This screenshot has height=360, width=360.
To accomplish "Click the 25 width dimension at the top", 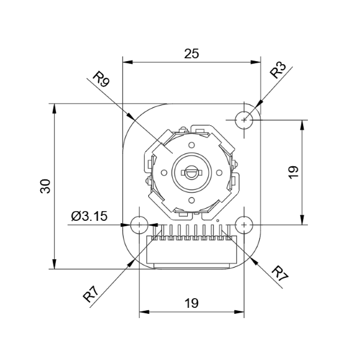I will (191, 53).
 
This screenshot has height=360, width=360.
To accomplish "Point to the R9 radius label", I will (101, 79).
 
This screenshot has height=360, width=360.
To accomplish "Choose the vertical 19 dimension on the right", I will (293, 172).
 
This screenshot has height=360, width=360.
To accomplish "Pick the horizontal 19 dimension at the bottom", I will (191, 303).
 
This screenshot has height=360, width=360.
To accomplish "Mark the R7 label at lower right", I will (280, 273).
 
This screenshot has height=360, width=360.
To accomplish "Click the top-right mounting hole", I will (244, 119).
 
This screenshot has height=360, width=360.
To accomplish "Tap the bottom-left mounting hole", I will (139, 225).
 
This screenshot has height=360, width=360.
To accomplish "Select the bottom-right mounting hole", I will (244, 225).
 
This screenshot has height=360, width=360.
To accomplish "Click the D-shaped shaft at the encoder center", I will (191, 173).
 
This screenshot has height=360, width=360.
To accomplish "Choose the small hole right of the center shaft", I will (218, 173).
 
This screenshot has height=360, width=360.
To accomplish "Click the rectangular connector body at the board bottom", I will (191, 252).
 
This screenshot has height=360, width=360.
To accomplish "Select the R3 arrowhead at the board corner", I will (257, 106).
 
